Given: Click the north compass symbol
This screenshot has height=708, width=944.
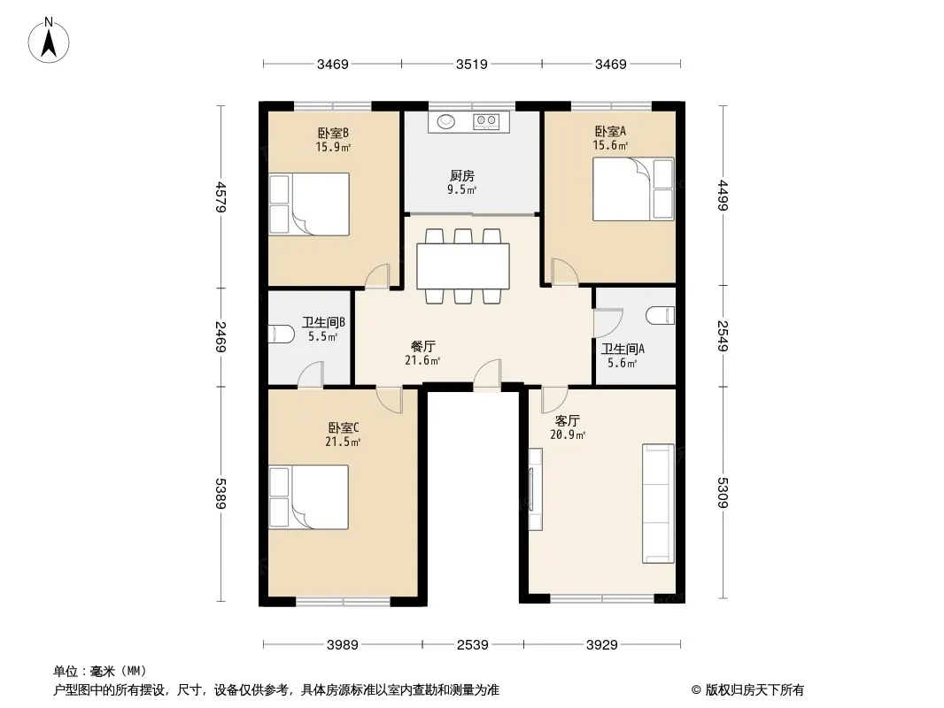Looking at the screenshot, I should point(50,40).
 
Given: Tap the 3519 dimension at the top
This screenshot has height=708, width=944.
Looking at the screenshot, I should point(472,64).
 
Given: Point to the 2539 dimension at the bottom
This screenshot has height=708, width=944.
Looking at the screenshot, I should point(473,645).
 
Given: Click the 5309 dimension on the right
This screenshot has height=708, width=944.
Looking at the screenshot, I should point(723,491).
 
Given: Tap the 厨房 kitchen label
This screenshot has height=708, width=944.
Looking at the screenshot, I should point(461,176).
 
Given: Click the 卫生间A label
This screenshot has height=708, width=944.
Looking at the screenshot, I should point(623,349).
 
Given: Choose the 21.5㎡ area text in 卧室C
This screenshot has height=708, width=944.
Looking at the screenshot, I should point(344,442).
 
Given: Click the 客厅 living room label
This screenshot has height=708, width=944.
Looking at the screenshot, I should point(567,420).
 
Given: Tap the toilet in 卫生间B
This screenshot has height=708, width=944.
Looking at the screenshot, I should point(282,334).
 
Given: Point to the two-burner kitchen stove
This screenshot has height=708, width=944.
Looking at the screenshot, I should point(486,120).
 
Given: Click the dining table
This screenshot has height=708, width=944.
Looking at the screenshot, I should point(463,266).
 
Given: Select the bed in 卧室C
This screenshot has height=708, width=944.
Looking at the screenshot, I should point(308,498).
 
